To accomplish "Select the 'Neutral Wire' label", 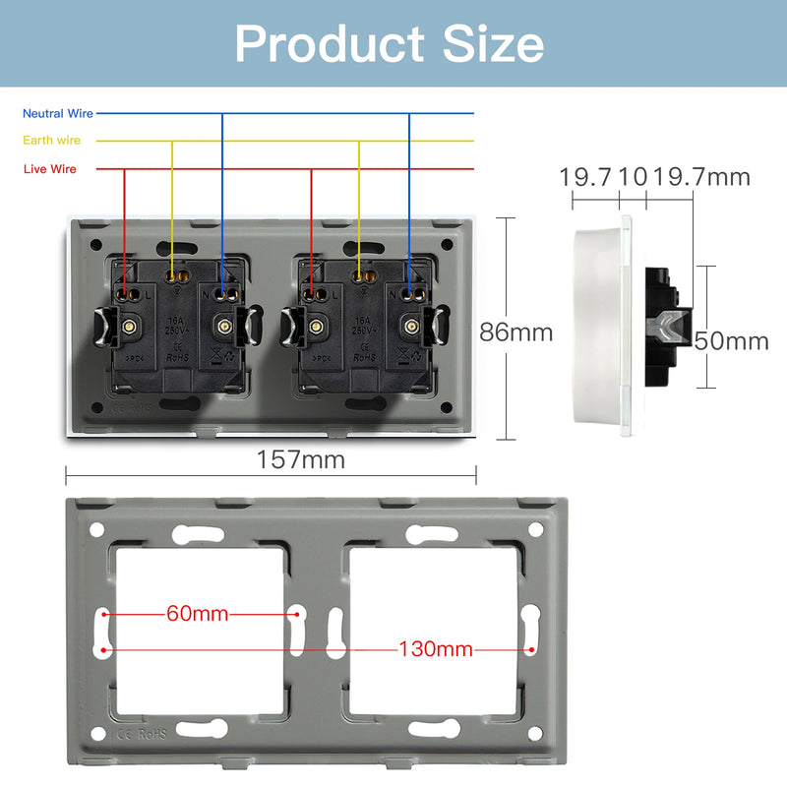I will (x=58, y=114).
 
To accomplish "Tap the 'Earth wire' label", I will (x=52, y=141).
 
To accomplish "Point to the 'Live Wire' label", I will (x=50, y=169).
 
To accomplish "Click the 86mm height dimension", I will (x=515, y=333).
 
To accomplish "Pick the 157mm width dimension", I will (x=300, y=458).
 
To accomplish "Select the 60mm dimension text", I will (x=197, y=615).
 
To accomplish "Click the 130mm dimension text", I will (x=435, y=649).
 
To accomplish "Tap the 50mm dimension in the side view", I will (x=731, y=341).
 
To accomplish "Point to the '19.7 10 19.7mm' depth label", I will (x=654, y=177).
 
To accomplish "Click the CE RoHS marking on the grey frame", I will (x=143, y=733).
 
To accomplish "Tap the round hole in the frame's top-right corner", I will (x=535, y=529).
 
